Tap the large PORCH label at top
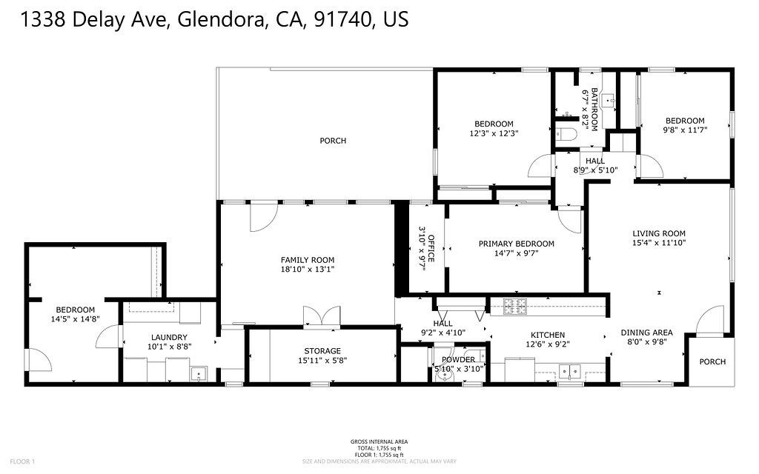(333, 141)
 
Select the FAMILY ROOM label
(307, 260)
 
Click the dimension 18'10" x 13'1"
(307, 270)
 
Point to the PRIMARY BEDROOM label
(516, 244)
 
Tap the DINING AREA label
(646, 333)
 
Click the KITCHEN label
(546, 335)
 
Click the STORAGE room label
(322, 351)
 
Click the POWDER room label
(458, 359)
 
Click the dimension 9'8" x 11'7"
(684, 130)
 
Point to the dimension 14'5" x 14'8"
(75, 319)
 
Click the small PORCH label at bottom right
(713, 362)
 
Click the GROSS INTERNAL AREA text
(379, 442)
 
